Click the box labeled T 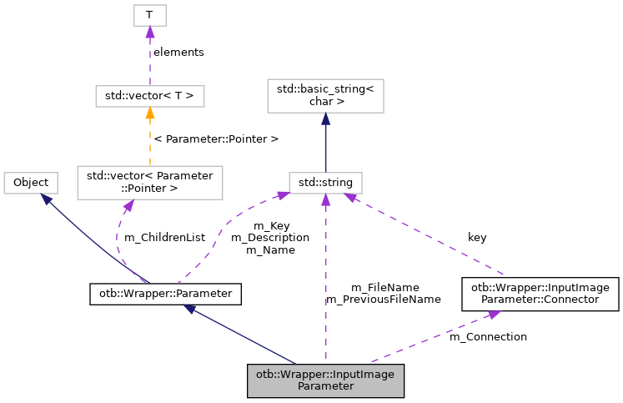tap(149, 15)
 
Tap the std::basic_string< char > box tap(324, 96)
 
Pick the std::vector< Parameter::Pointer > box tap(149, 182)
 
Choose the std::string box tap(325, 182)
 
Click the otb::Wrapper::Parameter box tap(165, 294)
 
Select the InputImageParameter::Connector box tap(540, 294)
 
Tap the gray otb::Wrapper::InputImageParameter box tap(326, 380)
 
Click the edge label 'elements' tap(178, 52)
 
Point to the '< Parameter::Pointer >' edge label tap(216, 138)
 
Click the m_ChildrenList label tap(164, 237)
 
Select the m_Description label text tap(270, 237)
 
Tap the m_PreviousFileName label tap(383, 299)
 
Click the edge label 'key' tap(477, 237)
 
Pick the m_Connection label tap(488, 336)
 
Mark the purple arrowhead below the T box tap(149, 32)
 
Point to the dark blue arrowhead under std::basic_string tap(325, 119)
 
